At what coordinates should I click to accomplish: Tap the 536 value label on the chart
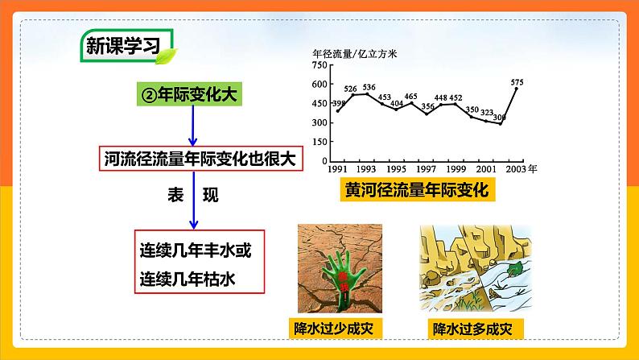369,87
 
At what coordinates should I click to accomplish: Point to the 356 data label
428,106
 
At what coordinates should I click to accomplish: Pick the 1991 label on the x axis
338,170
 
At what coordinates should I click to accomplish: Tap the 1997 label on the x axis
427,170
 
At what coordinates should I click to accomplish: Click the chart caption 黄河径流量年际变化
418,192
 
